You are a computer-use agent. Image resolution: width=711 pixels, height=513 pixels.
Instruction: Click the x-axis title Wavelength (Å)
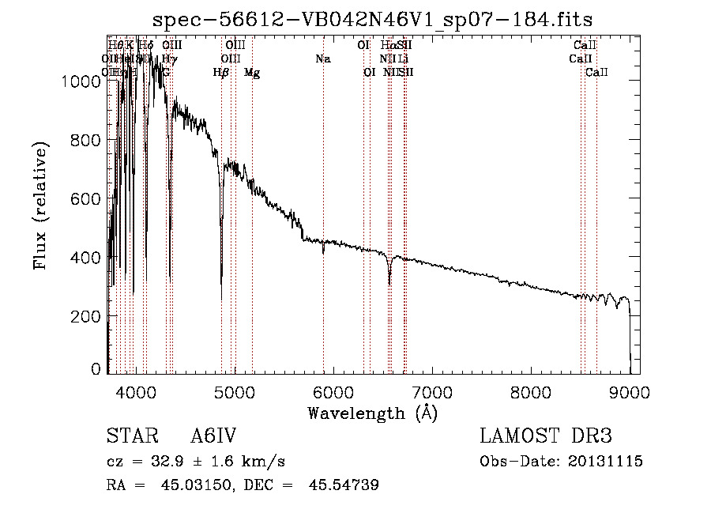(x=373, y=413)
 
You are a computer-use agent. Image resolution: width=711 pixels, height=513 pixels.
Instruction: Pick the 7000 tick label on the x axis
(x=432, y=391)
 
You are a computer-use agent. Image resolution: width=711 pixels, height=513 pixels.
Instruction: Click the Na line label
(x=322, y=58)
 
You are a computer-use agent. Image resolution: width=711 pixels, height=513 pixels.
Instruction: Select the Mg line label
(x=252, y=73)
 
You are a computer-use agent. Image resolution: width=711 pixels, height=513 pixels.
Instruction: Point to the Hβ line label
(x=221, y=73)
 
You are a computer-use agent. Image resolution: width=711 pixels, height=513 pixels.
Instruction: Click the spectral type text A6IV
(x=213, y=437)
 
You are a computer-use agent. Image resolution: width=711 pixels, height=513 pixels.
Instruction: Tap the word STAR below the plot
(x=131, y=437)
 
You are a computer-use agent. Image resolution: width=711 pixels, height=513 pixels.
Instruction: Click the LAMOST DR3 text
(x=545, y=437)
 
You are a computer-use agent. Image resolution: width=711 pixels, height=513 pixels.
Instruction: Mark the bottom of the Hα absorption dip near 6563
(x=389, y=284)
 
